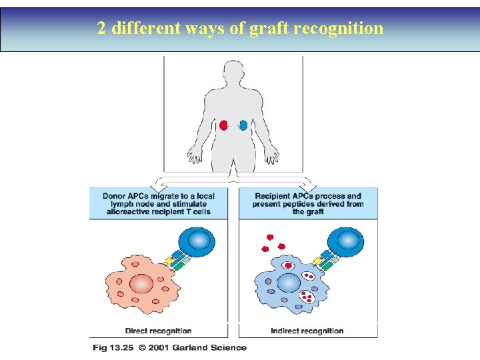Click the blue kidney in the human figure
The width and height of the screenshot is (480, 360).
(x=243, y=125)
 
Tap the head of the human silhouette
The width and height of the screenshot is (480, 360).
(x=233, y=70)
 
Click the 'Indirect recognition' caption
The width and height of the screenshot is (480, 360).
(x=307, y=331)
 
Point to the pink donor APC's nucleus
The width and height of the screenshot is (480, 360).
(x=141, y=283)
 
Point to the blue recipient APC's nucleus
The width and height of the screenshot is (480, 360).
(x=289, y=283)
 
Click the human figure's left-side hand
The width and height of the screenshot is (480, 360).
(x=194, y=157)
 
